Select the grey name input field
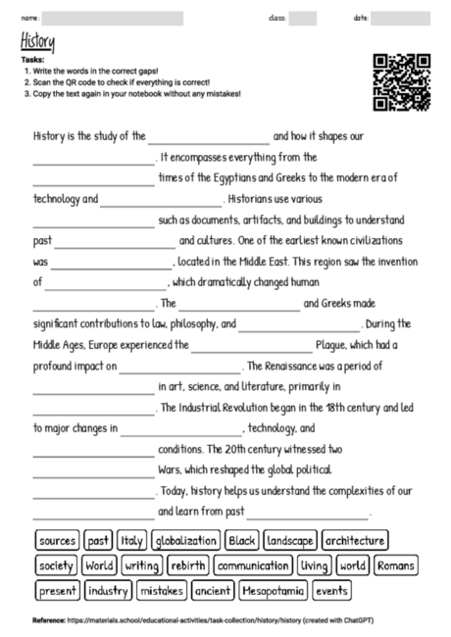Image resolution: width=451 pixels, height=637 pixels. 114,18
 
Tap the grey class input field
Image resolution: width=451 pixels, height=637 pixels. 303,18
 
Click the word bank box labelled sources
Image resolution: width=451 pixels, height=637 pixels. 57,541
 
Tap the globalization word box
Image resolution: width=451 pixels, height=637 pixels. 185,541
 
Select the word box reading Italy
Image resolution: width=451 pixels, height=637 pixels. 130,541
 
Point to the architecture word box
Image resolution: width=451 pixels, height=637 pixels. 355,541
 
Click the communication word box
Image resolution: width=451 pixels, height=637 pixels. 253,566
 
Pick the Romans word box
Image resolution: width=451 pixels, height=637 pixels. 396,566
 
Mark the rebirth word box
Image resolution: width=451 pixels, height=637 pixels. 187,566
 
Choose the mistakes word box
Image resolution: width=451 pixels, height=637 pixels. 161,591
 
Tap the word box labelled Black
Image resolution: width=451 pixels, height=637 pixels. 241,541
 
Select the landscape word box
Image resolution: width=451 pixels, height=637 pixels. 289,541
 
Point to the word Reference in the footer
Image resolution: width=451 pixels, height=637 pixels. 49,620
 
